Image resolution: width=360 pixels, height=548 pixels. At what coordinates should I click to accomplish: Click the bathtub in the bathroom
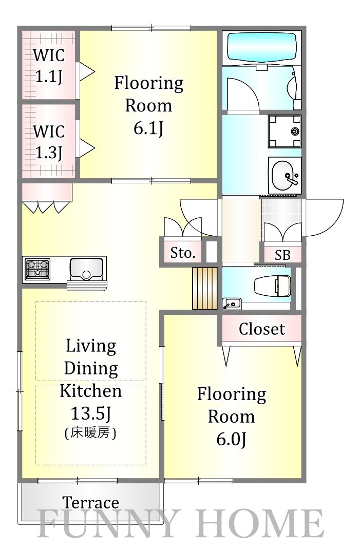pos(262,48)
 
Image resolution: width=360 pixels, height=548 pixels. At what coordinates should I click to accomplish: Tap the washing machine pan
pos(285,131)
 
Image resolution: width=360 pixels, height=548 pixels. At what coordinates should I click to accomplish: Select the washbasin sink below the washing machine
pos(285,176)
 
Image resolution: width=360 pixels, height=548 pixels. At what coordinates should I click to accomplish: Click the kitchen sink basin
pos(86,269)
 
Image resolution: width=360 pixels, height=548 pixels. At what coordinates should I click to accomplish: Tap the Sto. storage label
pos(183,253)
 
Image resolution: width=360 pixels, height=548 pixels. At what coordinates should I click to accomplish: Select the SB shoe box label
pos(282,255)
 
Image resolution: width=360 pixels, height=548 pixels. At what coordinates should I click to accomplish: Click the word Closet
pos(262,329)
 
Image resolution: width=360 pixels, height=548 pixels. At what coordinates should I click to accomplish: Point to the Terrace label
pos(91,503)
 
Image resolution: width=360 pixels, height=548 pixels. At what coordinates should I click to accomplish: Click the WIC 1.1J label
pos(49,66)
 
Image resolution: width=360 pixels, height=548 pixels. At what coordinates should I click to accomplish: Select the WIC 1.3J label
pos(49,142)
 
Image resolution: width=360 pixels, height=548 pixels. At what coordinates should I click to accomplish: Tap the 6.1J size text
pos(148,128)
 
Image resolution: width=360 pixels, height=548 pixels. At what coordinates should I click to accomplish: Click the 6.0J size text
pos(232,439)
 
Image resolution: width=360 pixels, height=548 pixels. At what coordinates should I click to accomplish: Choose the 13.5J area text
pos(91,413)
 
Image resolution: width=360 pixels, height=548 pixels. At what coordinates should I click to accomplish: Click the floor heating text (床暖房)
pos(90,433)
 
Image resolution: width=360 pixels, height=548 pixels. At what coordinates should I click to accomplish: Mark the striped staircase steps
pos(204,288)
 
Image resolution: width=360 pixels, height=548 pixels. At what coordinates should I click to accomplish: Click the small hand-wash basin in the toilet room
pos(232,304)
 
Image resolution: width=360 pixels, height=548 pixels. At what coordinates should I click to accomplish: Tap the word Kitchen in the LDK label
pos(91,391)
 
